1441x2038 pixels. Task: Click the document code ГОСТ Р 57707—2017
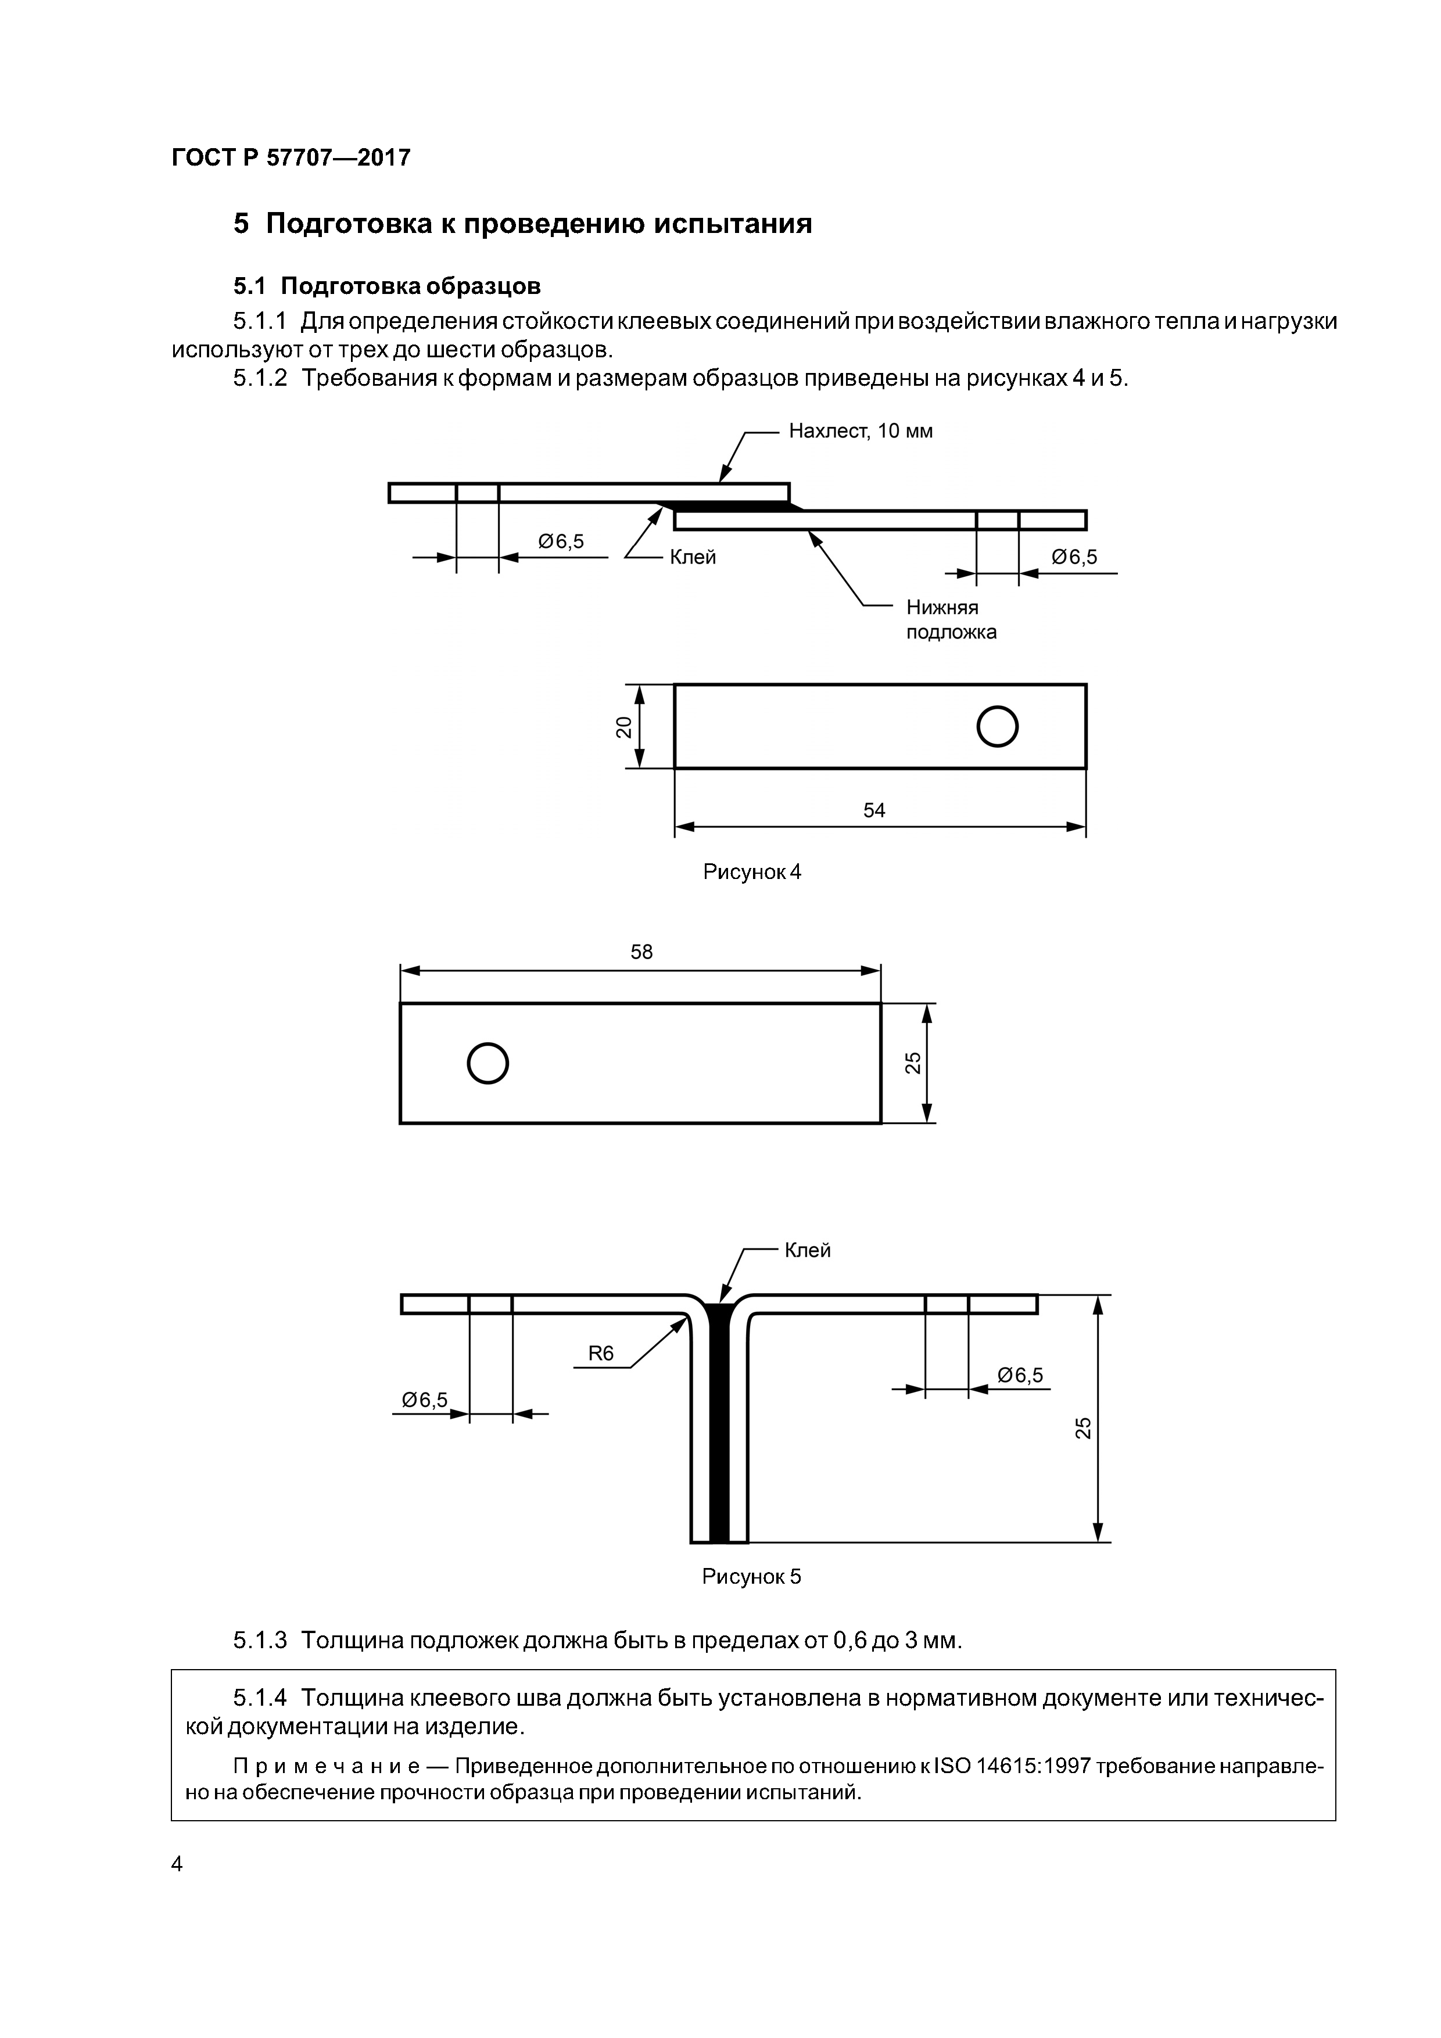291,158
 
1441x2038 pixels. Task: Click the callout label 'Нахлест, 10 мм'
861,432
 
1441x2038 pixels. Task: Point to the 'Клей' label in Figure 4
693,558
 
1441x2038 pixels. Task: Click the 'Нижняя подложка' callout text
951,619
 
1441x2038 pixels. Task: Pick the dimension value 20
624,727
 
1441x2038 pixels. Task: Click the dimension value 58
641,952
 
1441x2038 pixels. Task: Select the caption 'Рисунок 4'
752,873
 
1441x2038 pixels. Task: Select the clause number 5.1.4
260,1698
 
